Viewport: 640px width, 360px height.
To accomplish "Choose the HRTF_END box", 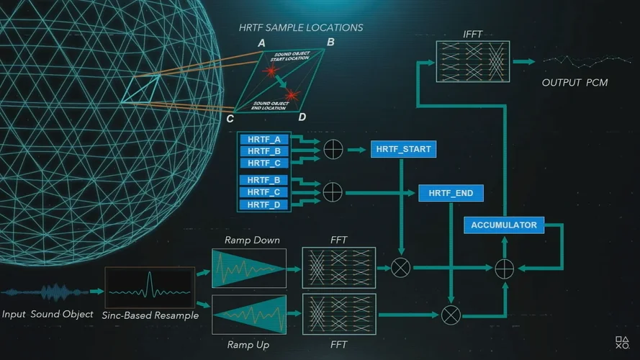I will tap(451, 193).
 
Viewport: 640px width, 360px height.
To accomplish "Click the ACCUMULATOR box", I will tap(504, 225).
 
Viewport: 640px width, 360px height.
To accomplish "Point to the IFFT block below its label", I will tap(472, 61).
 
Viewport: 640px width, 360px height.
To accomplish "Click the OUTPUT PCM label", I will tap(574, 83).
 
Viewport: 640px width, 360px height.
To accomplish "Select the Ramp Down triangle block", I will tap(249, 268).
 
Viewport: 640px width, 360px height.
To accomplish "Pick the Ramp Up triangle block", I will tap(249, 314).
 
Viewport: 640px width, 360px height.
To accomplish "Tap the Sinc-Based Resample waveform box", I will tap(150, 290).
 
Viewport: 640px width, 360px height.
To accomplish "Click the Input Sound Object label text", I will tap(48, 315).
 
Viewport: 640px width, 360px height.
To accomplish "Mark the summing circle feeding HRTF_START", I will tap(333, 150).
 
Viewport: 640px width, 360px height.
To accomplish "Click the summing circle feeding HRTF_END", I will tap(333, 192).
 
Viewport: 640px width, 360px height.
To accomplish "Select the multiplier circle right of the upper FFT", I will tap(401, 268).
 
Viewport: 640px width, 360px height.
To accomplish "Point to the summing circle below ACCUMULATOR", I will tap(504, 268).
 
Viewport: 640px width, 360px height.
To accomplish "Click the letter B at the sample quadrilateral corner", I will tap(330, 42).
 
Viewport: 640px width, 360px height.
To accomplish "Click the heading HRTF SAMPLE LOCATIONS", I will tap(301, 28).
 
